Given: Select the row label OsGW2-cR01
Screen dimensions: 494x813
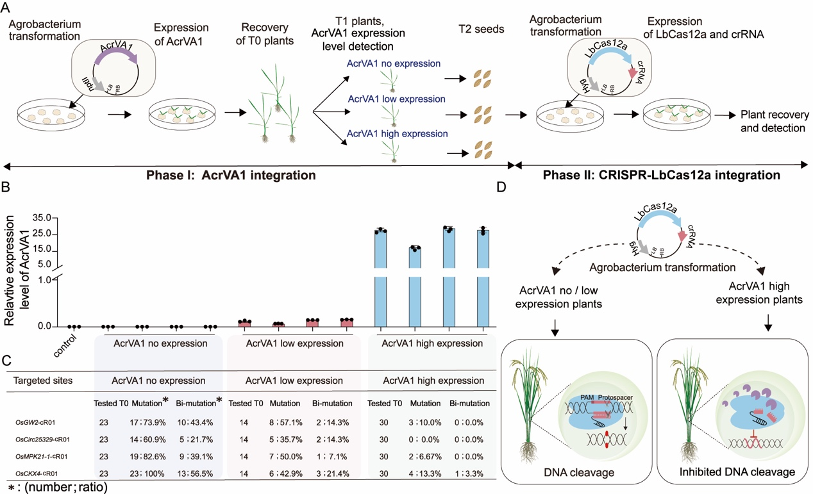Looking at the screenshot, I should (43, 422).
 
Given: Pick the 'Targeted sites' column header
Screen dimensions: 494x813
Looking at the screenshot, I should (43, 381).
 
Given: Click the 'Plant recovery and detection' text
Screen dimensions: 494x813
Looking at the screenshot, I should (772, 121).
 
